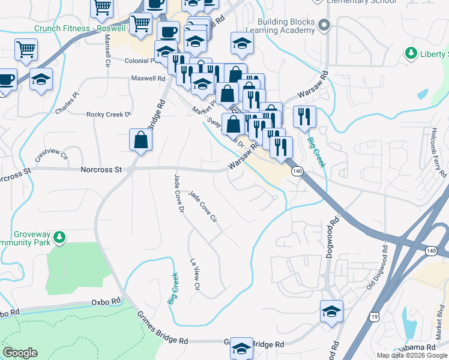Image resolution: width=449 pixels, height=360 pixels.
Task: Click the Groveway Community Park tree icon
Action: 59,238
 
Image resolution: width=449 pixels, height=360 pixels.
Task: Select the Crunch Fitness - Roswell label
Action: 80,28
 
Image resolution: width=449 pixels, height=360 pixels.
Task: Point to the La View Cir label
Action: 194,275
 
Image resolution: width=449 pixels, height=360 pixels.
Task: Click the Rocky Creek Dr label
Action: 109,115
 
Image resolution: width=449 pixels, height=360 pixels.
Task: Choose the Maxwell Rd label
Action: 148,78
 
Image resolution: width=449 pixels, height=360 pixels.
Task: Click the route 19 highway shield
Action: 375,316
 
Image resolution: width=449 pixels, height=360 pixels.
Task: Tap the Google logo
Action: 20,353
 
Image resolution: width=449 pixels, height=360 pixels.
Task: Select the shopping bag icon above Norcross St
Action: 140,140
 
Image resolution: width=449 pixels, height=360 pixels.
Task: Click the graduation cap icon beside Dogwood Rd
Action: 331,311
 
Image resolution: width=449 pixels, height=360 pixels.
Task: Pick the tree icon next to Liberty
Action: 411,54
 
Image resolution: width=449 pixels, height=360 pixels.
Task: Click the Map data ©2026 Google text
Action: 411,355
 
